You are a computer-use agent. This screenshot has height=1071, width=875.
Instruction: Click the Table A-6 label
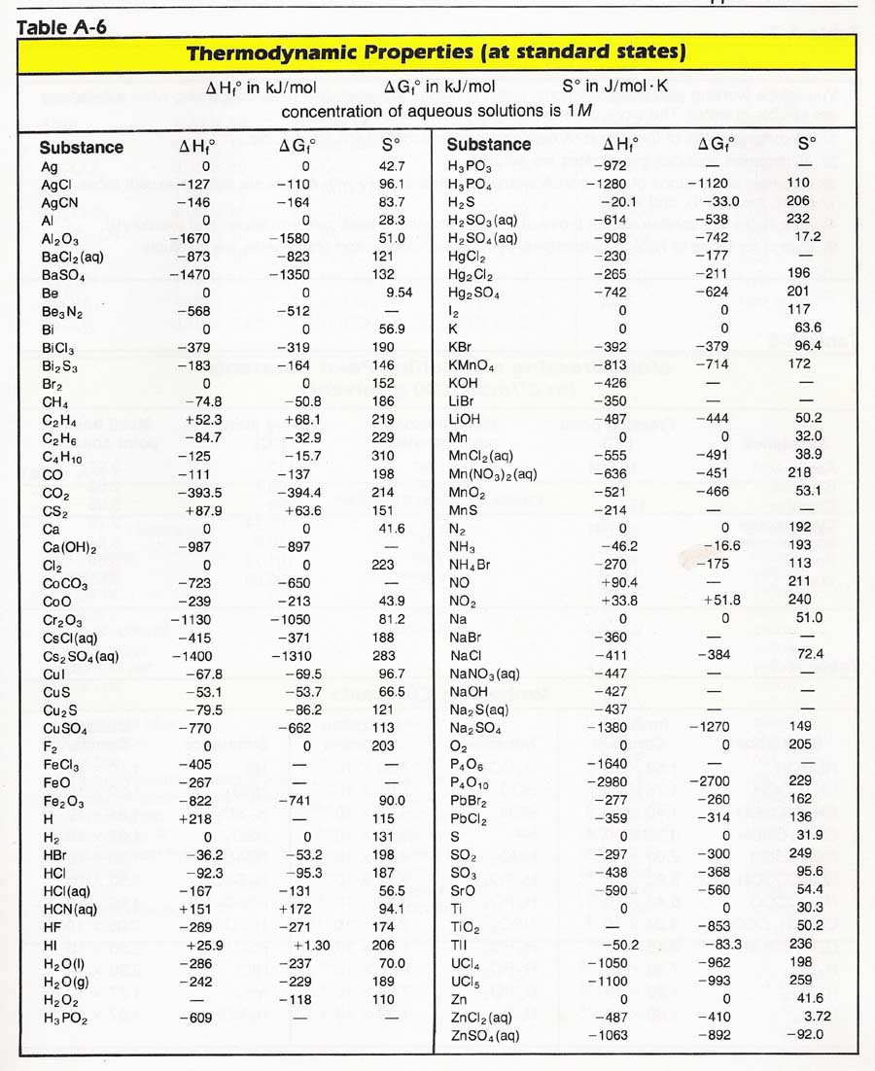(61, 25)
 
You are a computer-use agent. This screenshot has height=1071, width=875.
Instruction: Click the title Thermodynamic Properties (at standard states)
(437, 52)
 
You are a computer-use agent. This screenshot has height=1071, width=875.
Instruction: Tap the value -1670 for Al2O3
(190, 237)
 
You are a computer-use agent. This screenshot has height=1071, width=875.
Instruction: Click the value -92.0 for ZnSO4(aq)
(804, 1036)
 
